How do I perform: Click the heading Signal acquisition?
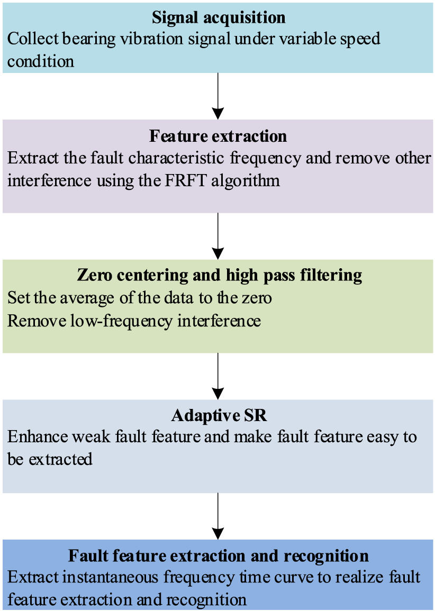point(219,17)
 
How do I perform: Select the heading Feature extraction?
point(218,136)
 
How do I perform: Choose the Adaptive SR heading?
point(219,415)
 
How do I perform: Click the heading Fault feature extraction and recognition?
point(218,555)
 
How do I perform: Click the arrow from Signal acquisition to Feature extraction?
point(218,96)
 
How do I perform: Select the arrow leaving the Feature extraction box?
point(218,236)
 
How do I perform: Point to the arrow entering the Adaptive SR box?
point(218,376)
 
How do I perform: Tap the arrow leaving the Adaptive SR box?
point(218,516)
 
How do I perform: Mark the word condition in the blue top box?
point(41,61)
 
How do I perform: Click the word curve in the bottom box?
point(295,577)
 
